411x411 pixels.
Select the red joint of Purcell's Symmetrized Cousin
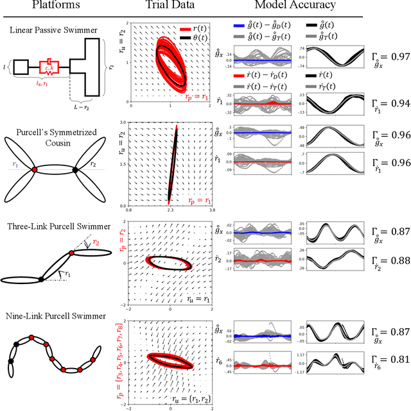click(33, 170)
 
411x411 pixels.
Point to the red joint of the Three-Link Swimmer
click(71, 254)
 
